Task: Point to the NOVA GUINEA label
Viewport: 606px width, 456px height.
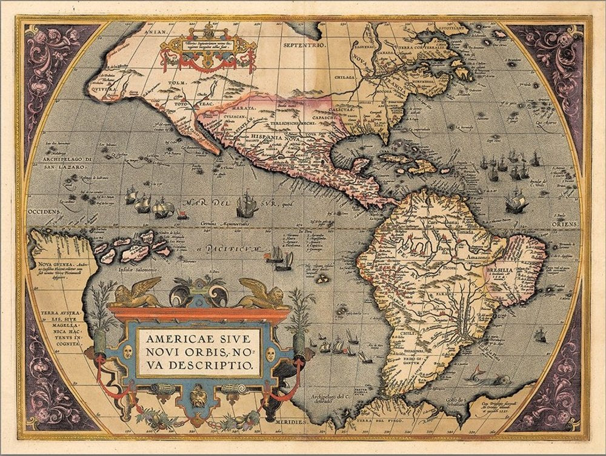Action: coord(48,265)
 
